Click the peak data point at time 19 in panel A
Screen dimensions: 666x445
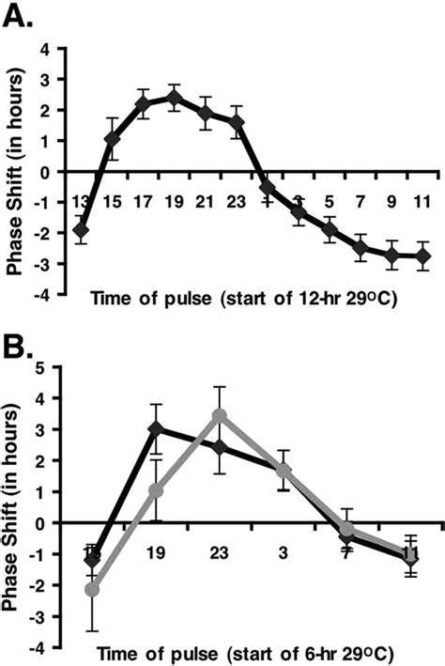point(174,97)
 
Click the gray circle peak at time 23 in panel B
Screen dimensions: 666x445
point(219,415)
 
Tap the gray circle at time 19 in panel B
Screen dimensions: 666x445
point(156,490)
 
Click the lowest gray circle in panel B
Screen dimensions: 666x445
point(92,589)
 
